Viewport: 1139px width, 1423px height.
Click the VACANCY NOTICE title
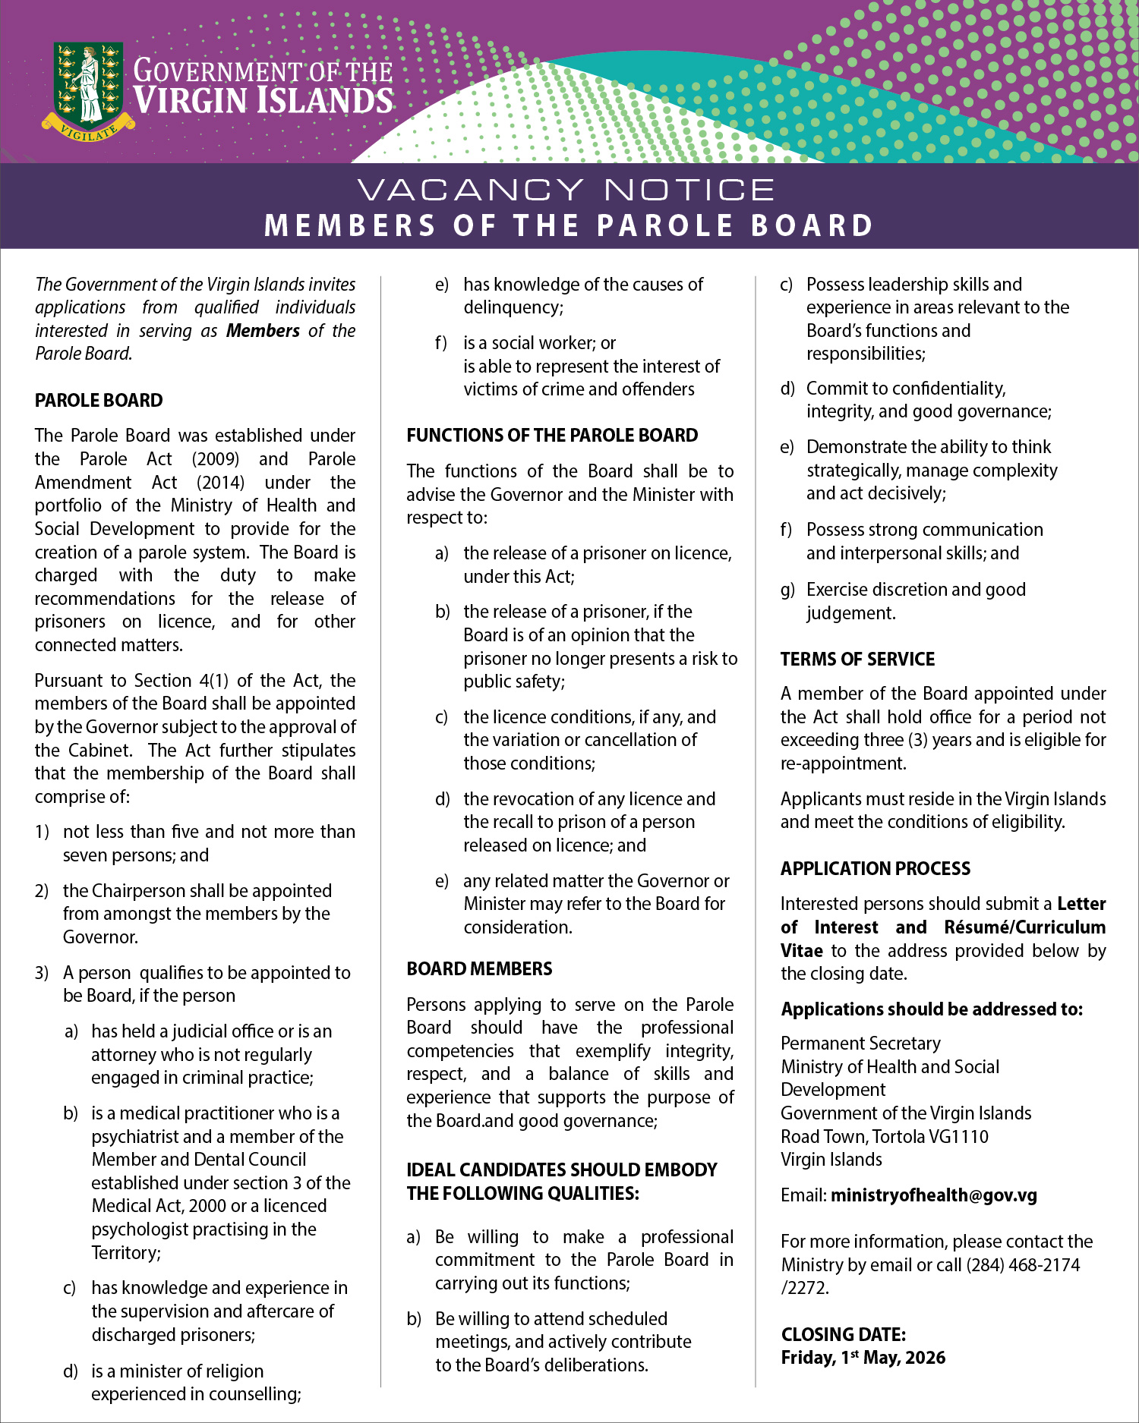pyautogui.click(x=566, y=190)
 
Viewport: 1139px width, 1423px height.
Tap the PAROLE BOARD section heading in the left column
pyautogui.click(x=99, y=400)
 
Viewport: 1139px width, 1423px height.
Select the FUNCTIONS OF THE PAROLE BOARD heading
pyautogui.click(x=552, y=436)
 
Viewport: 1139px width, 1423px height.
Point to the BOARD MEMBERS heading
pyautogui.click(x=479, y=969)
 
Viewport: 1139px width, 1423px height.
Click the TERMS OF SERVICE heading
pyautogui.click(x=857, y=659)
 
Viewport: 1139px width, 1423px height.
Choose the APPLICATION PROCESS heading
pyautogui.click(x=876, y=868)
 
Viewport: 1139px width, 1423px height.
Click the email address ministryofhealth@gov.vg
pyautogui.click(x=933, y=1195)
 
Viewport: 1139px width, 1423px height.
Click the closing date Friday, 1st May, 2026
pyautogui.click(x=863, y=1358)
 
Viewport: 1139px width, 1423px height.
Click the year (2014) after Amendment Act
pyautogui.click(x=220, y=483)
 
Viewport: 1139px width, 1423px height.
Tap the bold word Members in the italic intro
pyautogui.click(x=263, y=331)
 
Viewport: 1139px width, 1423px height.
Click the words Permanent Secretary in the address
pyautogui.click(x=860, y=1044)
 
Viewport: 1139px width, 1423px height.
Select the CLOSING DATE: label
pyautogui.click(x=843, y=1334)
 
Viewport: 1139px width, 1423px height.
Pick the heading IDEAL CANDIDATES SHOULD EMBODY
pyautogui.click(x=561, y=1170)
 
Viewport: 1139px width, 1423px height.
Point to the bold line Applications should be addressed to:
pyautogui.click(x=932, y=1009)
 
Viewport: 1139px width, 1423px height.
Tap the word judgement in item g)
pyautogui.click(x=850, y=613)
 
